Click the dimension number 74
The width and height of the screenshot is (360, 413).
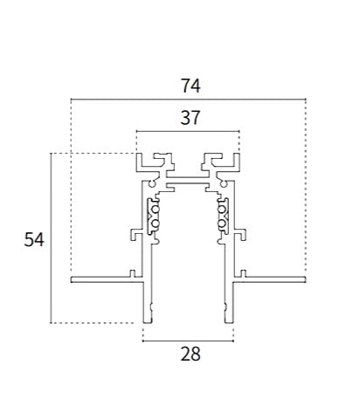click(190, 86)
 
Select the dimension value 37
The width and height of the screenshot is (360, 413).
click(190, 118)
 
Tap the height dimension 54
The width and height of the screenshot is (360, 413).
click(34, 240)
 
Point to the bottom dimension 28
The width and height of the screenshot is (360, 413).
click(190, 354)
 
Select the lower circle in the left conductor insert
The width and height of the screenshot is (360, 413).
click(156, 224)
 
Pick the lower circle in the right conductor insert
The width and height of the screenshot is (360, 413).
click(221, 224)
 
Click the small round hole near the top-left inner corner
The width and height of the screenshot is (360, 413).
click(152, 184)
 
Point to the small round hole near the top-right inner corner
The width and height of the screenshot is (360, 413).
click(224, 184)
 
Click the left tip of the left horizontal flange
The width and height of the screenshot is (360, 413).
click(71, 279)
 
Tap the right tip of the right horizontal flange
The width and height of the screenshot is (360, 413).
click(306, 279)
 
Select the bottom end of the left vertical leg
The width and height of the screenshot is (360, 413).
click(148, 322)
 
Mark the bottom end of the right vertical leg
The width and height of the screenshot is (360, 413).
click(229, 322)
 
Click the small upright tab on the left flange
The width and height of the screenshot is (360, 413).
click(133, 273)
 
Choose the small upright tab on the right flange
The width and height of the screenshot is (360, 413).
click(243, 273)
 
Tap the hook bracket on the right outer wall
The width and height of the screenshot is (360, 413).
click(240, 235)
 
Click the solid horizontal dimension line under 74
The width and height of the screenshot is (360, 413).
click(189, 100)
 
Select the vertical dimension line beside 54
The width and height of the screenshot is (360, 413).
click(51, 237)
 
